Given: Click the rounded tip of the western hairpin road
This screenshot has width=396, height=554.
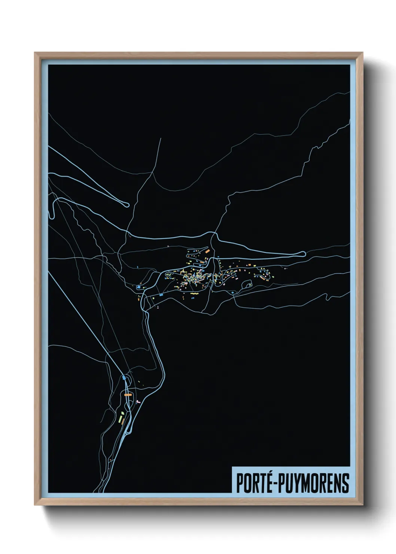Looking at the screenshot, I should click(x=127, y=204).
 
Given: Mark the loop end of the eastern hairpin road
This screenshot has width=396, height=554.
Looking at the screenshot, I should click(x=303, y=254).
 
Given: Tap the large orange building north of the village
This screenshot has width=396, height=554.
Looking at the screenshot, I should click(x=207, y=252).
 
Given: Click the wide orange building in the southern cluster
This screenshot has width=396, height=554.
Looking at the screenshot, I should click(x=128, y=395).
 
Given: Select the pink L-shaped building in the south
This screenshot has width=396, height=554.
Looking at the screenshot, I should click(x=138, y=402).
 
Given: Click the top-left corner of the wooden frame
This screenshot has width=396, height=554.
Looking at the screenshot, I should click(x=35, y=53).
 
